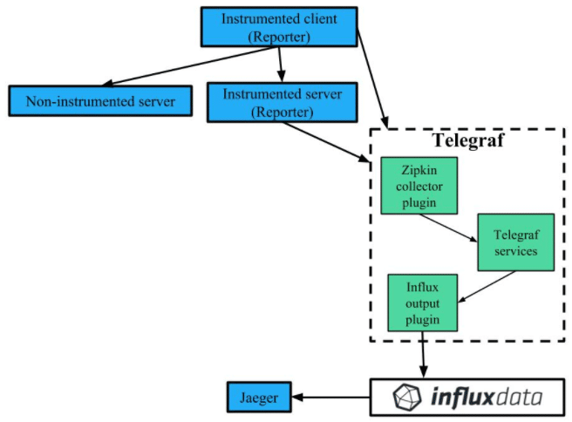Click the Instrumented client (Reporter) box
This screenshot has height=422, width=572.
click(x=279, y=27)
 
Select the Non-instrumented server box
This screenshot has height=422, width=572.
click(x=100, y=101)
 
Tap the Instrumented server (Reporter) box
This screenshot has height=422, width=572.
click(x=283, y=102)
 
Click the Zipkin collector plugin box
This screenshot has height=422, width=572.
click(x=419, y=186)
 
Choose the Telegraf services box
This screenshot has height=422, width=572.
click(x=514, y=242)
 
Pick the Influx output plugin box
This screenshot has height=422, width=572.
click(x=423, y=303)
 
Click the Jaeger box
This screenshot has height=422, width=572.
click(x=259, y=398)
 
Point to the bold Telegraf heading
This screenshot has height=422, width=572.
click(x=469, y=141)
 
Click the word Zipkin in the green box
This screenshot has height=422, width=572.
click(x=419, y=172)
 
